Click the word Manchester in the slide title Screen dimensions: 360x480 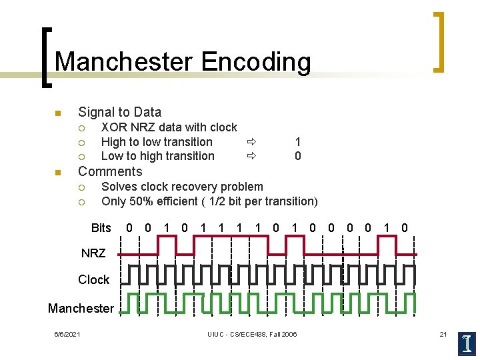click(124, 61)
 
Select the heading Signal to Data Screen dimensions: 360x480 click(119, 112)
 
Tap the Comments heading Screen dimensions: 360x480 click(110, 171)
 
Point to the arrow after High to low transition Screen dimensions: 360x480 click(251, 141)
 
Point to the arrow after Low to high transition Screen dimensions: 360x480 click(251, 156)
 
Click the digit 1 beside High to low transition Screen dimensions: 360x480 click(297, 141)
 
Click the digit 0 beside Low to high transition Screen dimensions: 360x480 click(297, 156)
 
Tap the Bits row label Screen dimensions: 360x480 click(101, 228)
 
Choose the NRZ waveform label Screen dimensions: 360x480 click(93, 253)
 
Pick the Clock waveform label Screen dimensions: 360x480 click(93, 280)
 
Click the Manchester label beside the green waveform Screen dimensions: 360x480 click(81, 308)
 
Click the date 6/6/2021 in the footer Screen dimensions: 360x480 click(67, 334)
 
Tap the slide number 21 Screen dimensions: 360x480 click(443, 334)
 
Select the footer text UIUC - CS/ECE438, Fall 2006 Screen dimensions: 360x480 click(252, 334)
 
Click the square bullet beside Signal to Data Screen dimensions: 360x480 click(58, 112)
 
